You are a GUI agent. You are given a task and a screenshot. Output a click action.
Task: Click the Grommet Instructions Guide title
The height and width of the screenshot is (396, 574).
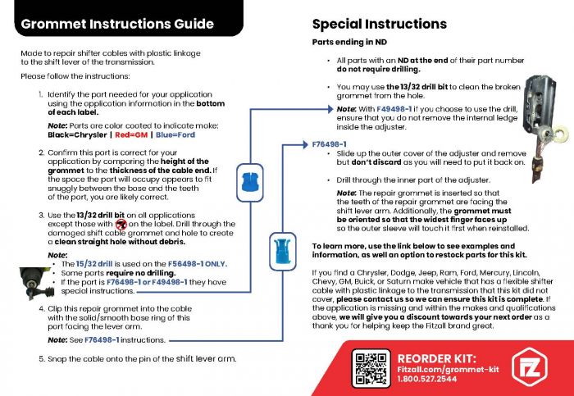[x=117, y=25]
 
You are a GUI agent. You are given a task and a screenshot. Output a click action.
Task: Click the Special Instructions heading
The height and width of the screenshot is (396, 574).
[x=379, y=24]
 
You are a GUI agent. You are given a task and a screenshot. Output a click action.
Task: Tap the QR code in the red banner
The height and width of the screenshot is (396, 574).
[x=369, y=366]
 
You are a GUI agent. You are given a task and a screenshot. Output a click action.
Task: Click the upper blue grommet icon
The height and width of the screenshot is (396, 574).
[x=248, y=177]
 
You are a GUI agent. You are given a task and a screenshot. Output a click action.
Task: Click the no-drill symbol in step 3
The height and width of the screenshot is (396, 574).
[x=121, y=224]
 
